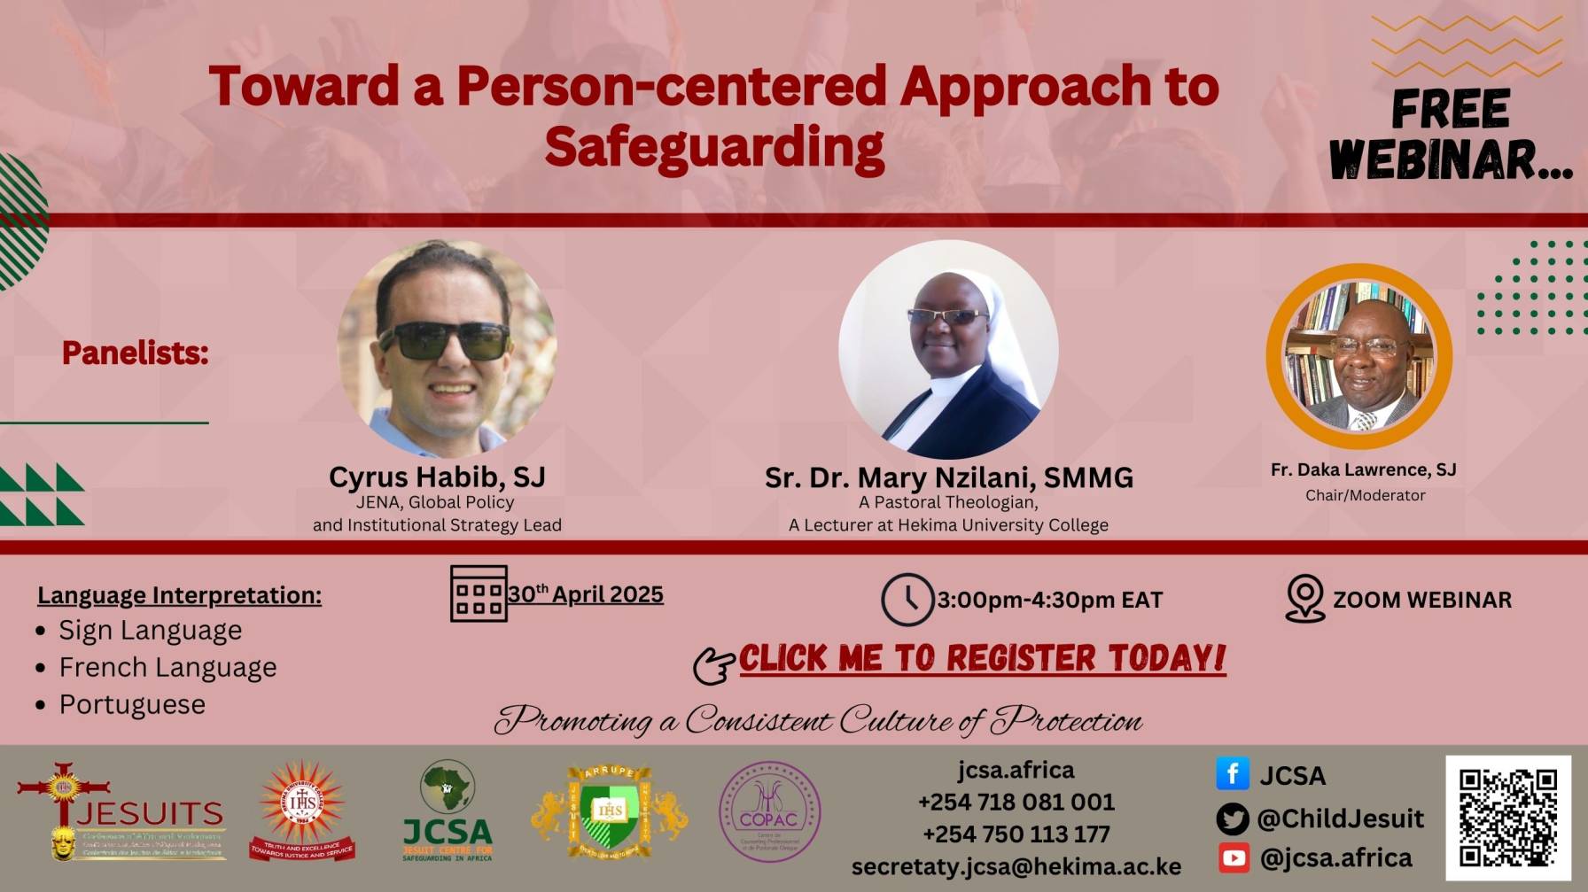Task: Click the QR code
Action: [1508, 818]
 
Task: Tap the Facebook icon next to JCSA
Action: [1233, 774]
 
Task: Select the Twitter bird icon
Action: [1233, 818]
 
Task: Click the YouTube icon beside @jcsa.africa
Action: [1234, 857]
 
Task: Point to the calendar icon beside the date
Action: [479, 593]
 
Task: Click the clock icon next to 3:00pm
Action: [907, 600]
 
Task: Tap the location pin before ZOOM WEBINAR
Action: [1304, 599]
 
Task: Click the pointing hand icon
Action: [713, 665]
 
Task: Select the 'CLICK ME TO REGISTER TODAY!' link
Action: [982, 658]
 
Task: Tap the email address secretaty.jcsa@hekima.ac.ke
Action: [1016, 866]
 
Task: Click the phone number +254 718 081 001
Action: [1016, 802]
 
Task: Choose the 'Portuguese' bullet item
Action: [132, 704]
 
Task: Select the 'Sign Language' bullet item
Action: [150, 630]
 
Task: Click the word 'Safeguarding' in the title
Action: [714, 147]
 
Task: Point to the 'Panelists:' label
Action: [135, 353]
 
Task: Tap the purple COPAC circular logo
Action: [769, 812]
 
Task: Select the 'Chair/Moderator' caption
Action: [1365, 495]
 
